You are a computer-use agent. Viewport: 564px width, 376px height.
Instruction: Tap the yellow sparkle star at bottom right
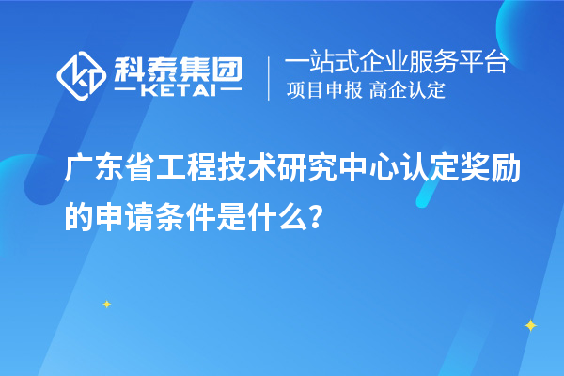[530, 325]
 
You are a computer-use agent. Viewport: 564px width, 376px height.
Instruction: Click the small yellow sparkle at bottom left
[106, 304]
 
